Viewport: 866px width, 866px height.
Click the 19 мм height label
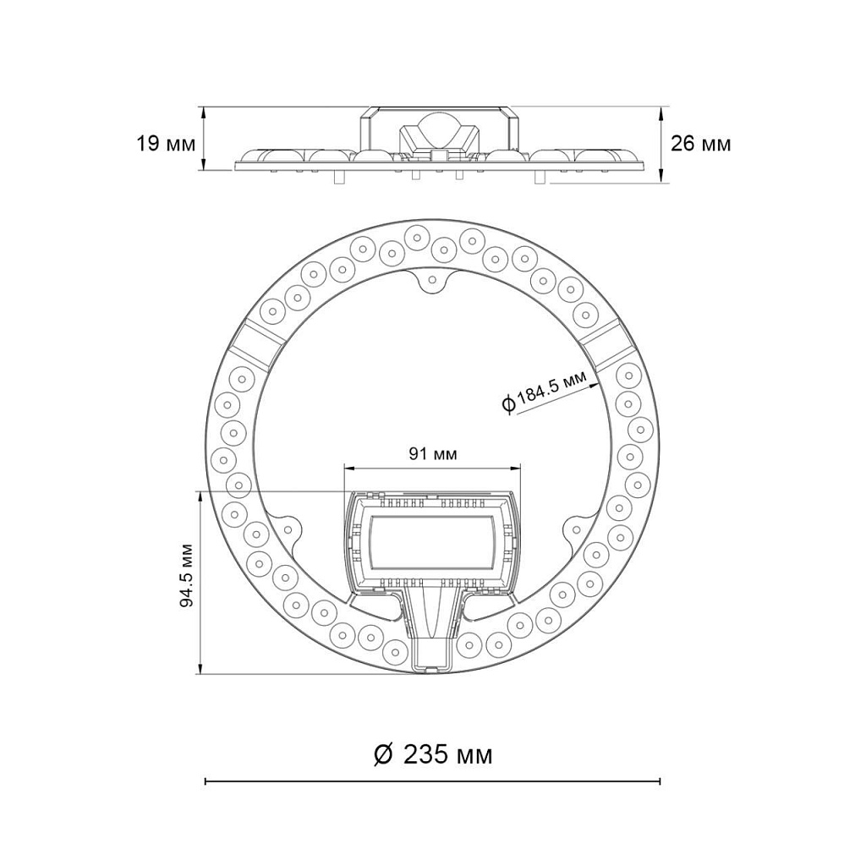[x=165, y=143]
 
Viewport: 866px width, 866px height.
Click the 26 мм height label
[x=700, y=143]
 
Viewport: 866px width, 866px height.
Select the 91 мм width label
[x=433, y=454]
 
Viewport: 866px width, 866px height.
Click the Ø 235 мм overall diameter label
[x=433, y=754]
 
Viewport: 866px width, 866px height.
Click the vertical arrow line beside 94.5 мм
[x=201, y=583]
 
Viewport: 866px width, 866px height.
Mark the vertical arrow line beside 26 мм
[x=662, y=144]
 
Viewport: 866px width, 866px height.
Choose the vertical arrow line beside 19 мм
[x=203, y=139]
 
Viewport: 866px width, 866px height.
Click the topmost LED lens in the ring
[x=416, y=236]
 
